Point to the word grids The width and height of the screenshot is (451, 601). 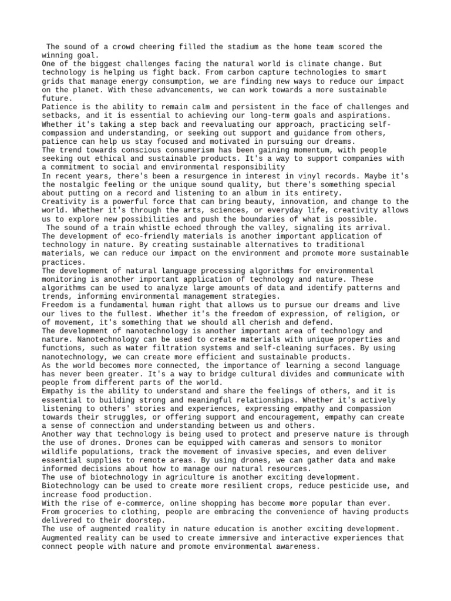54,82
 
